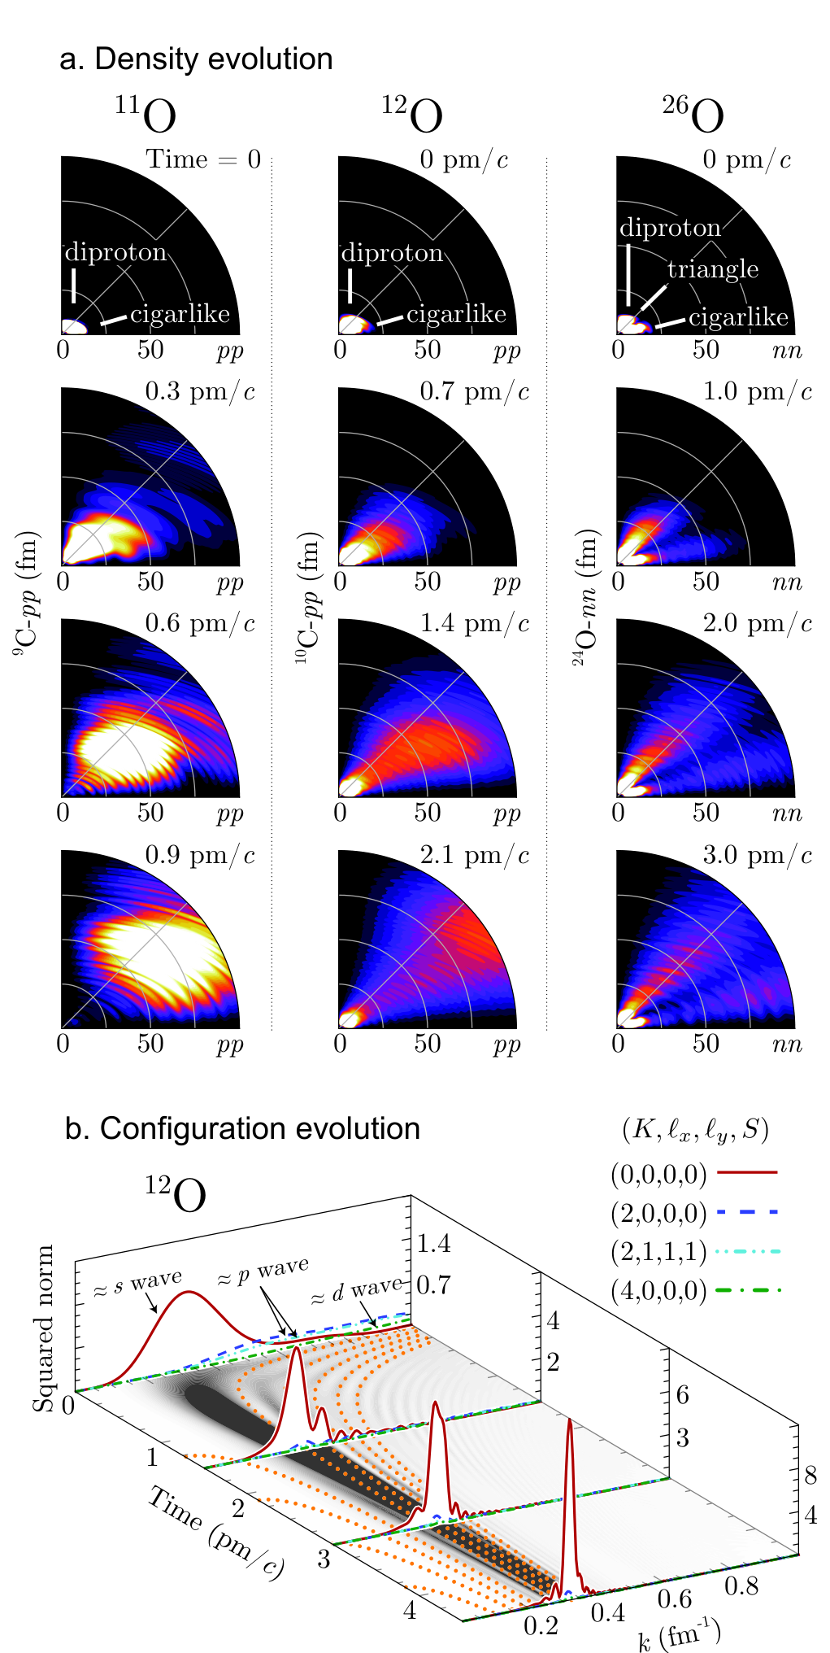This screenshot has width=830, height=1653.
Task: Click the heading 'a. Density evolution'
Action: pyautogui.click(x=196, y=59)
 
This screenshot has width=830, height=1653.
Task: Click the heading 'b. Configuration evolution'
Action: pyautogui.click(x=242, y=1129)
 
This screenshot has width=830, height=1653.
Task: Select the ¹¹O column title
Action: pyautogui.click(x=145, y=114)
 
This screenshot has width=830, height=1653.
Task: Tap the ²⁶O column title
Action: pyautogui.click(x=693, y=114)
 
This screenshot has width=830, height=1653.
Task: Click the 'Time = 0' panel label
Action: pyautogui.click(x=203, y=159)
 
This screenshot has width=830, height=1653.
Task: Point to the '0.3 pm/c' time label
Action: pyautogui.click(x=200, y=393)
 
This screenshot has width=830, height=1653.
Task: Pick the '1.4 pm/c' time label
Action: pyautogui.click(x=475, y=625)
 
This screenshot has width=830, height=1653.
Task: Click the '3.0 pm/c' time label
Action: pyautogui.click(x=758, y=857)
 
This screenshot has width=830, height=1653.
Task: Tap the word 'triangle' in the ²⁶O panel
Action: pyautogui.click(x=713, y=269)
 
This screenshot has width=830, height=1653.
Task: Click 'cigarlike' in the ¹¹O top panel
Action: pyautogui.click(x=180, y=314)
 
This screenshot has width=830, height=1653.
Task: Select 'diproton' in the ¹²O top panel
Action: pyautogui.click(x=392, y=253)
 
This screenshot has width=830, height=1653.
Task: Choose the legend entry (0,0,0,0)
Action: pyautogui.click(x=658, y=1173)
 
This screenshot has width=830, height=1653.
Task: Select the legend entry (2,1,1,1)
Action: pyautogui.click(x=658, y=1251)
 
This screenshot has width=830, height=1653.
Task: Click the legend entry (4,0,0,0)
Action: pyautogui.click(x=658, y=1291)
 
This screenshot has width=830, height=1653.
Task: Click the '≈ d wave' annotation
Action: pyautogui.click(x=356, y=1291)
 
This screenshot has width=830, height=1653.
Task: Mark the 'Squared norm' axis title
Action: pyautogui.click(x=42, y=1328)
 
